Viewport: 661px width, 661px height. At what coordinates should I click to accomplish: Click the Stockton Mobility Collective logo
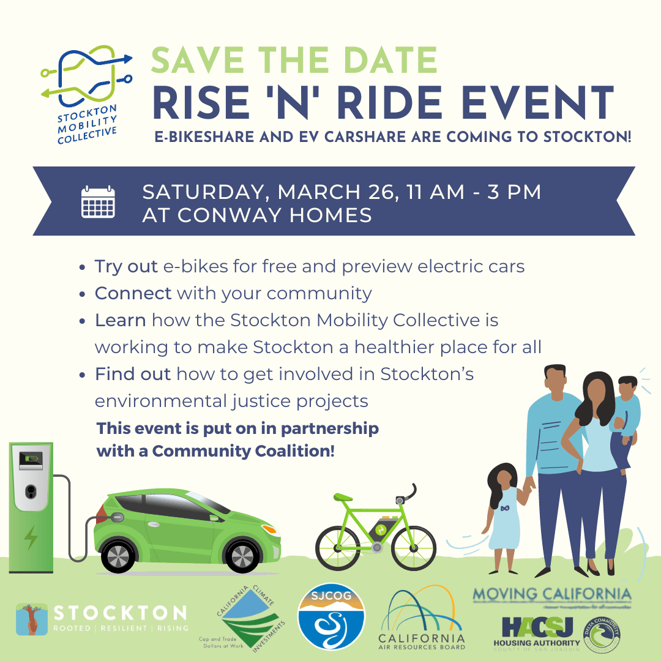point(86,92)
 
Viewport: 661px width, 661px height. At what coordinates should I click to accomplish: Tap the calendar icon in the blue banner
point(98,201)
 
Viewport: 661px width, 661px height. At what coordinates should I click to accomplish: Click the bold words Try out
point(126,267)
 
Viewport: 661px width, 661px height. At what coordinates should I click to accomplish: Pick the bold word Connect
point(133,293)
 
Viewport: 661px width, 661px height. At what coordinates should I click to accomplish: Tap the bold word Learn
point(120,320)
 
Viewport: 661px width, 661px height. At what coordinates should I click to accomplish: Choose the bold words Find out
point(132,374)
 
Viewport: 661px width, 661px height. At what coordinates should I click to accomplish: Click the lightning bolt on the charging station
point(29,537)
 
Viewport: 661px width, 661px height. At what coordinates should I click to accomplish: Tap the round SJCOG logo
point(331,616)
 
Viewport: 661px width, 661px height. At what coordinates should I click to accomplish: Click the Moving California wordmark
point(551,594)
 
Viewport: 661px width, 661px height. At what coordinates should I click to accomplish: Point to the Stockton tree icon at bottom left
point(32,618)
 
